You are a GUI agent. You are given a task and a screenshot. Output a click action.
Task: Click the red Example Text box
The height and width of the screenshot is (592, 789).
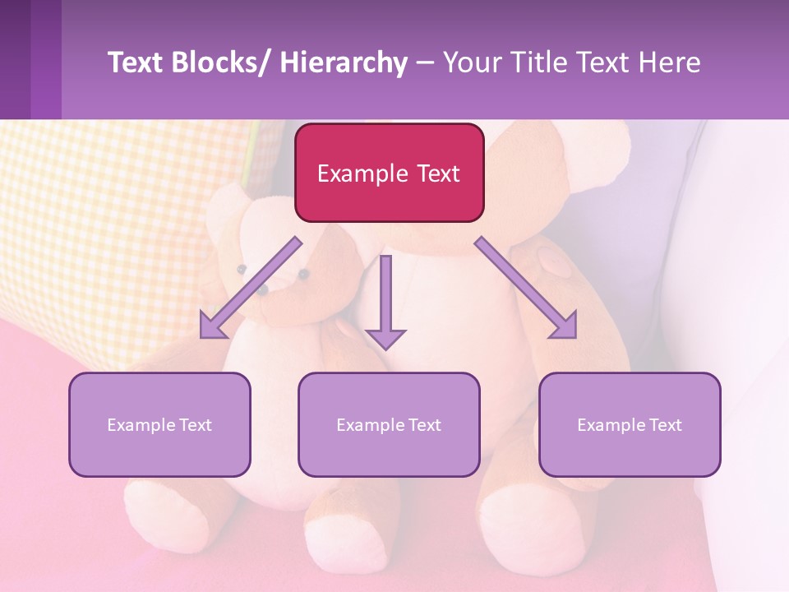389,173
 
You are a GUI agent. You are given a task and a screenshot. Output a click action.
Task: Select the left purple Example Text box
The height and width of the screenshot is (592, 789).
159,424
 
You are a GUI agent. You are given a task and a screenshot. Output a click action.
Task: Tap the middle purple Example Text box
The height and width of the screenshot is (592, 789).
389,424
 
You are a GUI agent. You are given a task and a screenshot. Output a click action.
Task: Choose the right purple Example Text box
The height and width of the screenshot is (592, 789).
630,424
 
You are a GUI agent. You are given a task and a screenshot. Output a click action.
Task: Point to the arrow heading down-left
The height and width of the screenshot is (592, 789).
250,288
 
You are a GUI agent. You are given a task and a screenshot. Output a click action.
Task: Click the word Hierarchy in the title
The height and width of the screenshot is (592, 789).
344,62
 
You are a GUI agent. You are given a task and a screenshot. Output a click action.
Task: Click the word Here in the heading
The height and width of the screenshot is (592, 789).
670,62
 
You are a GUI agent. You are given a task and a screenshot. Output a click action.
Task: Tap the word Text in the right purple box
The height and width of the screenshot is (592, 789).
665,425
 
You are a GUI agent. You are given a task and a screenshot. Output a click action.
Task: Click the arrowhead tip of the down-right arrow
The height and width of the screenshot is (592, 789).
574,336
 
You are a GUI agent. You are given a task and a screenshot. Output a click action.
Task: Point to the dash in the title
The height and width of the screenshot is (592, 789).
425,62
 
